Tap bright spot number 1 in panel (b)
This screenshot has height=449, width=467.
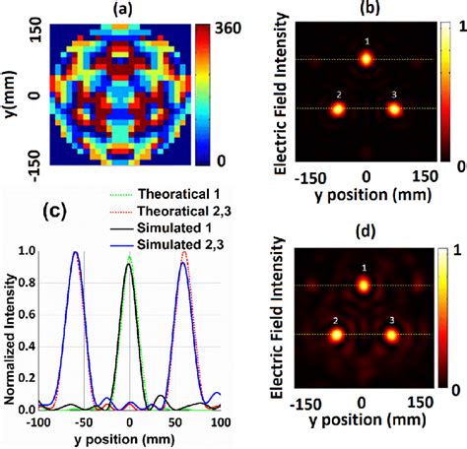[366, 59]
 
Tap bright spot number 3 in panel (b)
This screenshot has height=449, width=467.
[394, 108]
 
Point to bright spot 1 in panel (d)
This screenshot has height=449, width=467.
[364, 286]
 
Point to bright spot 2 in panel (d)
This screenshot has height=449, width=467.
[336, 335]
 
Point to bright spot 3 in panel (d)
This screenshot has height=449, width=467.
[392, 335]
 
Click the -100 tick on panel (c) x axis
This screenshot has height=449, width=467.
[37, 421]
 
